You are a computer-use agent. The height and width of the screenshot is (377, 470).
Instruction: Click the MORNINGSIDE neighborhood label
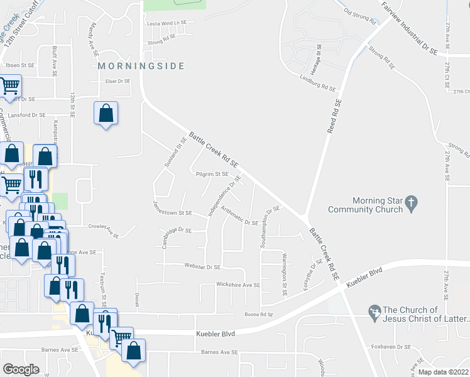click(141, 66)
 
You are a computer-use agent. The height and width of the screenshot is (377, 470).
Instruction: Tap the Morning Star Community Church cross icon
click(411, 203)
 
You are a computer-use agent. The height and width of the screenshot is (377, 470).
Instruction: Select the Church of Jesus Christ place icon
click(374, 311)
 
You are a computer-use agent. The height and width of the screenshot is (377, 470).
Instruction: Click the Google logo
click(21, 369)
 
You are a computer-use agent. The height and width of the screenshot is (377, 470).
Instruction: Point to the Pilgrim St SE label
click(212, 174)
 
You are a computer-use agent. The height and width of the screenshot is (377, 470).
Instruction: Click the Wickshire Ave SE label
click(238, 285)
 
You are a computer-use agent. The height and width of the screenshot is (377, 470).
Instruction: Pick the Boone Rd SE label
click(260, 314)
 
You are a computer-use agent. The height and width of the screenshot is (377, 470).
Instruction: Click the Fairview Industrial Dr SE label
click(409, 28)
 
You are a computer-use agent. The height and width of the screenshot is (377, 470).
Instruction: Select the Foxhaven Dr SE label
click(390, 346)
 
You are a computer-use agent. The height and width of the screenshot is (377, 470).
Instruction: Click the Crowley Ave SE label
click(103, 231)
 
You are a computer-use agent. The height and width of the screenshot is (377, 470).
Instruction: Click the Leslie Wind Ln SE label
click(167, 23)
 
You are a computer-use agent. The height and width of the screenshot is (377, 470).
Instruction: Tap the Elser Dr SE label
click(117, 81)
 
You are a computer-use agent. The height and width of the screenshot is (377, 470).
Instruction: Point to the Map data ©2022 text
click(444, 372)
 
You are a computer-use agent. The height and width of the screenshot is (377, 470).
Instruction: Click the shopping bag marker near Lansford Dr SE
click(106, 114)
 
